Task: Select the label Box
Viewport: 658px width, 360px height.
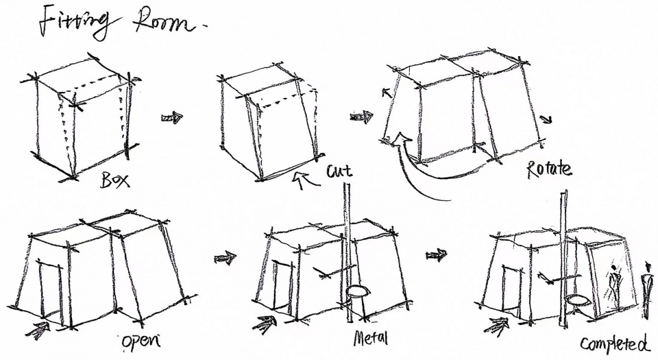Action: click(x=115, y=180)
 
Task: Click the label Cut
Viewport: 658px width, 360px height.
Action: click(x=339, y=171)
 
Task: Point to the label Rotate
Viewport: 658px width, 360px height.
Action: click(x=549, y=169)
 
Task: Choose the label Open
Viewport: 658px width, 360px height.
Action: click(x=141, y=341)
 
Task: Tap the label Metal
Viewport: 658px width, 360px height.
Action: click(x=371, y=338)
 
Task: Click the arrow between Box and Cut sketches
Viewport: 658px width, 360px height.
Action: click(x=172, y=117)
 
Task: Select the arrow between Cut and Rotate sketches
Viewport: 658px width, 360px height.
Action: click(x=362, y=117)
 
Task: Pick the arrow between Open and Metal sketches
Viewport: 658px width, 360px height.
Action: click(x=226, y=258)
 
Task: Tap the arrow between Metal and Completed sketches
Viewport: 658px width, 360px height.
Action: click(x=437, y=254)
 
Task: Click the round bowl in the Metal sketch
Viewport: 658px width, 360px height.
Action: click(x=356, y=292)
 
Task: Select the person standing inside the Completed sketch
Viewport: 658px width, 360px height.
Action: click(x=614, y=286)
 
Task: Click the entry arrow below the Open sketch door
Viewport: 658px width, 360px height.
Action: click(x=38, y=331)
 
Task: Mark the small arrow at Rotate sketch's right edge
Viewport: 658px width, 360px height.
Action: click(x=546, y=119)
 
